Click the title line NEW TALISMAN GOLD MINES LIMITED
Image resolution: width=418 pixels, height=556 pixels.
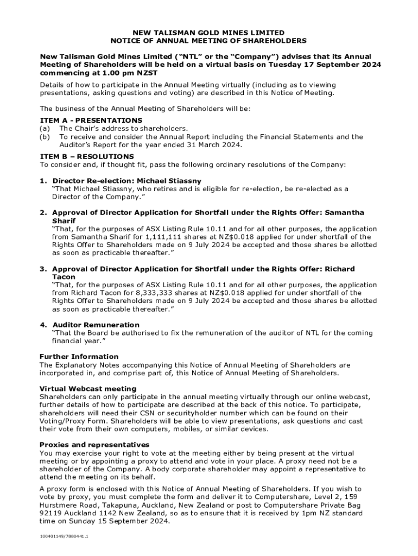[208, 33]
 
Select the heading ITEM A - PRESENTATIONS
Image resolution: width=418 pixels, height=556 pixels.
[91, 120]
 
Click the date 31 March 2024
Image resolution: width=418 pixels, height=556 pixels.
[211, 145]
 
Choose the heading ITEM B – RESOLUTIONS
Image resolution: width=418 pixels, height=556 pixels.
[87, 156]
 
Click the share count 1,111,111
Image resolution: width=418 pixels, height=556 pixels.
[166, 237]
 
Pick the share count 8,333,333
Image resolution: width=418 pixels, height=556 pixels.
[157, 293]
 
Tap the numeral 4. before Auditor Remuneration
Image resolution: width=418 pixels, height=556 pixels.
[43, 325]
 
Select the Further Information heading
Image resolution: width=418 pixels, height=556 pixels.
[79, 357]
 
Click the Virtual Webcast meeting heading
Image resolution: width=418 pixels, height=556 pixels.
[88, 389]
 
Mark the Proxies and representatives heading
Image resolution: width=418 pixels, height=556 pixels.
[94, 445]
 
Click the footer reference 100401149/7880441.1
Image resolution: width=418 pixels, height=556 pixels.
[64, 536]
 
